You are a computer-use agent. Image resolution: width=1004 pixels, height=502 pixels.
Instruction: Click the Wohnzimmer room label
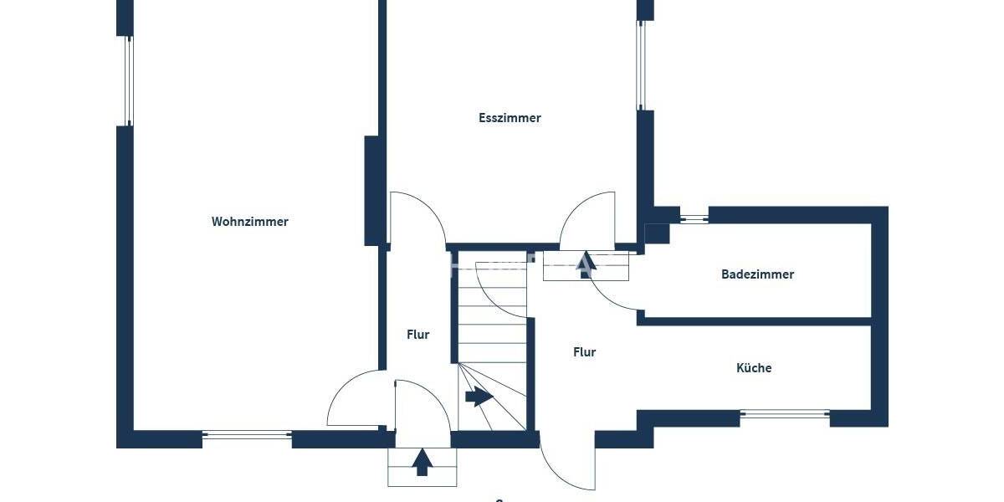tap(249, 222)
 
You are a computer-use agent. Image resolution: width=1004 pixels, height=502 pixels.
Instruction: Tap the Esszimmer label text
tap(510, 118)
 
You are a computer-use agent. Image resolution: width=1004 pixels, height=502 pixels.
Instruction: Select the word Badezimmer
tap(757, 274)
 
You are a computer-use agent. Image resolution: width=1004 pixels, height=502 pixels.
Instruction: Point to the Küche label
tap(754, 368)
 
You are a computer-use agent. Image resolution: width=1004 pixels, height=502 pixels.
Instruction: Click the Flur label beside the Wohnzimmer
tap(417, 335)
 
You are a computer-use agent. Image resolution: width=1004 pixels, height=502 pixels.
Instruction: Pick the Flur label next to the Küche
tap(584, 352)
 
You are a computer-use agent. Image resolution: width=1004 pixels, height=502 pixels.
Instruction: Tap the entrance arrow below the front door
tap(423, 462)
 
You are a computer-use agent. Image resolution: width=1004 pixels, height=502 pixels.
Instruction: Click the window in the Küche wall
tap(785, 413)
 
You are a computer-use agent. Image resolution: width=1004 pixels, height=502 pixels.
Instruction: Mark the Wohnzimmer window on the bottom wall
tap(247, 434)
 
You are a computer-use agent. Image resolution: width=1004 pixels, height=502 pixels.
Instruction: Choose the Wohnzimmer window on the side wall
tap(129, 80)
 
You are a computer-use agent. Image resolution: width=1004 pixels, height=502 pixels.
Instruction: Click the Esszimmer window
tap(642, 65)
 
